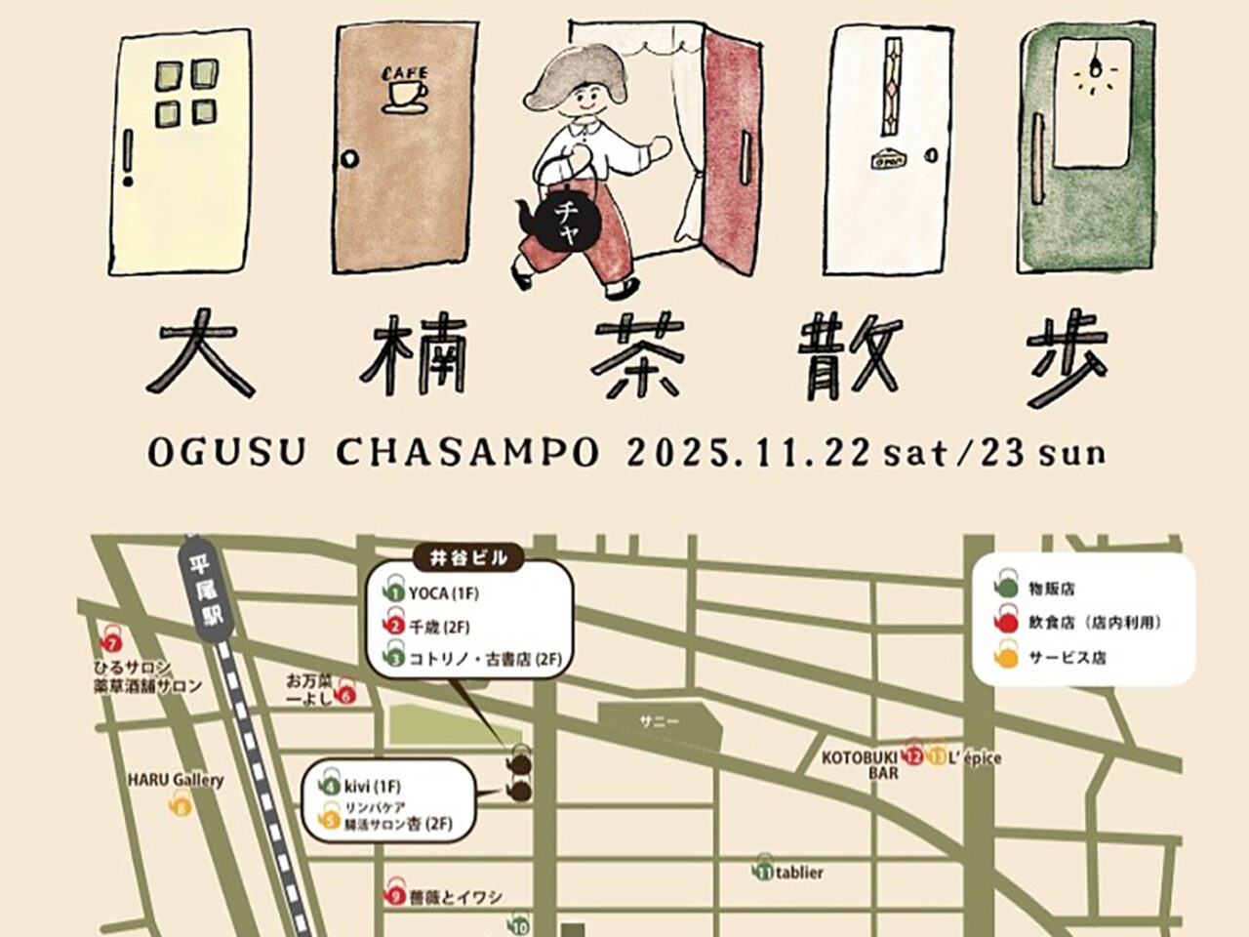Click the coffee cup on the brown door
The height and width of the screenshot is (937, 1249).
(x=405, y=94)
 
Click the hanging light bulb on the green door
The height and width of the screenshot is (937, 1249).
(x=1091, y=70)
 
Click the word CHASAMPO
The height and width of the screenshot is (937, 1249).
(x=467, y=454)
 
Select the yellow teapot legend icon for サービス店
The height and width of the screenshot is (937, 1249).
(x=1006, y=658)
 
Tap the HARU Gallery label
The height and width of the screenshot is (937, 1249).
(x=177, y=780)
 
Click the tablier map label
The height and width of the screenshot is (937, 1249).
(x=799, y=873)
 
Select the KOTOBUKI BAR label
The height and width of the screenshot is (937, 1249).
(x=859, y=764)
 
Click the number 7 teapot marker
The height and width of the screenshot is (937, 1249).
(x=113, y=643)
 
